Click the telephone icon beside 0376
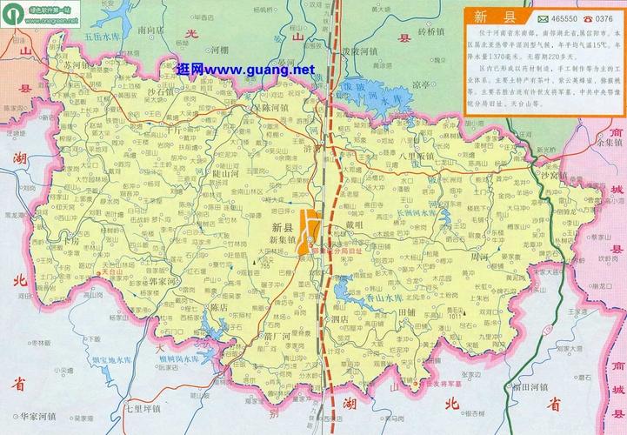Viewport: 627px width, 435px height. [587, 18]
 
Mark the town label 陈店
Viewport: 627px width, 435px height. [223, 307]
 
